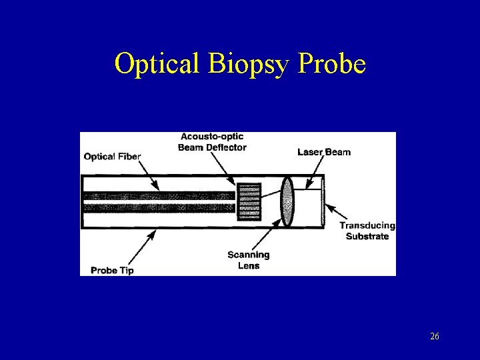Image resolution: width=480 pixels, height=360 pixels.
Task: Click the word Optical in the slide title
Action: (x=157, y=64)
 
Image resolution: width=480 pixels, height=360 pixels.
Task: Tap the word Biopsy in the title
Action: (x=244, y=64)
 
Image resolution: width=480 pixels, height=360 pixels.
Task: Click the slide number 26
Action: (x=435, y=337)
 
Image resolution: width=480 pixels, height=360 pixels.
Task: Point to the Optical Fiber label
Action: (x=113, y=157)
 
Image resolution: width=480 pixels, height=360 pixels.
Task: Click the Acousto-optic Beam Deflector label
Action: (x=212, y=142)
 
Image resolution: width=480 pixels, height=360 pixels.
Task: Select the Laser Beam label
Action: (x=324, y=152)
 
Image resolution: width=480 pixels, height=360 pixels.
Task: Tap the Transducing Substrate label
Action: (x=367, y=231)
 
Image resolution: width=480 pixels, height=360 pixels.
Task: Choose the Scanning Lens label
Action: (x=248, y=260)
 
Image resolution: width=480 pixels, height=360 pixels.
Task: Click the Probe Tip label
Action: (x=112, y=270)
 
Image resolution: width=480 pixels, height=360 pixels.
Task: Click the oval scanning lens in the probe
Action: (x=287, y=201)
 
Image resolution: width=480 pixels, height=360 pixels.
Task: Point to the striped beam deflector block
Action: (x=249, y=201)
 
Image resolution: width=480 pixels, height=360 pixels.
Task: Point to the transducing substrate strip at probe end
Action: (x=324, y=201)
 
